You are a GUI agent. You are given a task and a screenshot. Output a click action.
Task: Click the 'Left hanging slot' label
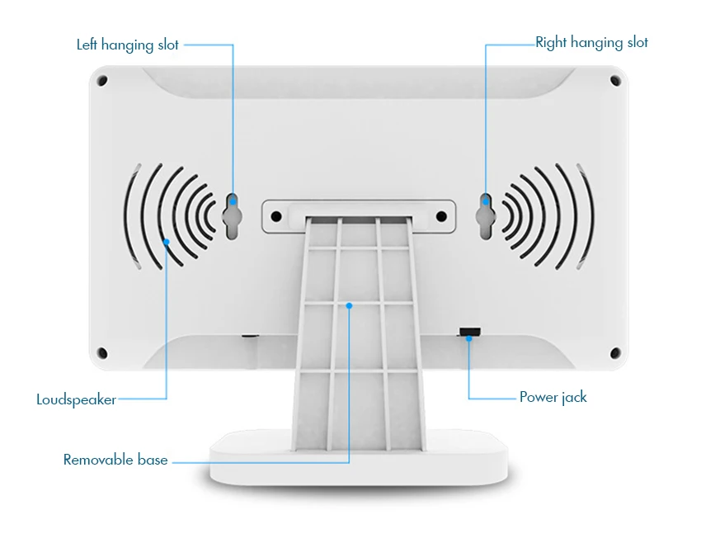(128, 45)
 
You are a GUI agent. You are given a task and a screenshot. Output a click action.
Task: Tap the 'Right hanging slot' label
(591, 42)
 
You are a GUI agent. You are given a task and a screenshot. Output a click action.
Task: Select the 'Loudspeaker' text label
(76, 399)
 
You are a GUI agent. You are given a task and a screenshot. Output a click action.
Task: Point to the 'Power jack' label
(553, 397)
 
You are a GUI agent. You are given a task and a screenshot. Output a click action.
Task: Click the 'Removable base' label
(115, 460)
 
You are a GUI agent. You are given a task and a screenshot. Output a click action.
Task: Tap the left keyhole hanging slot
(233, 215)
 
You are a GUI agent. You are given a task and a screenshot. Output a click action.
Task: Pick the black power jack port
(469, 332)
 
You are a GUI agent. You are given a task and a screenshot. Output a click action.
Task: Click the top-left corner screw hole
(102, 81)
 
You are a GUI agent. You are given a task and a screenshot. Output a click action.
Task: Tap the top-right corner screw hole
(614, 81)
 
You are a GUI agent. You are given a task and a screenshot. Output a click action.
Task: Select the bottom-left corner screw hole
(102, 352)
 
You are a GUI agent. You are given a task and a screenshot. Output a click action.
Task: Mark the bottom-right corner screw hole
(614, 352)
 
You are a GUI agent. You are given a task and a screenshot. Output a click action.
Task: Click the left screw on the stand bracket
(276, 216)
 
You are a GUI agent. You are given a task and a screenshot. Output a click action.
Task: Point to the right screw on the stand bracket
(441, 216)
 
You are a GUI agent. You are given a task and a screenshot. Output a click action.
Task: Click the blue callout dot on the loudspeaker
(167, 242)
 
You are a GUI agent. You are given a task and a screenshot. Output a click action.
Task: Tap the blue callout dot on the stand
(350, 305)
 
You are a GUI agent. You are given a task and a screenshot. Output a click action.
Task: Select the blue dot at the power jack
(469, 338)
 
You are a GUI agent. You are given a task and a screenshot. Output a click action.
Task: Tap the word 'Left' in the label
(87, 45)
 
